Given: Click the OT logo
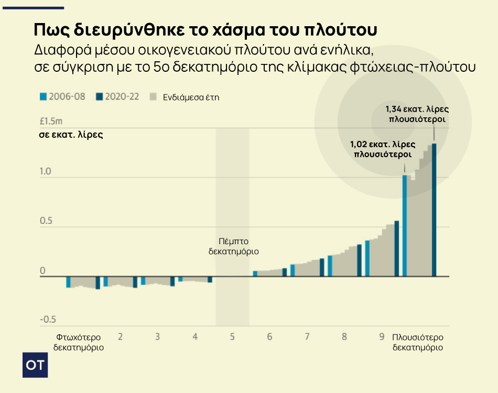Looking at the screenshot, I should pos(35,365).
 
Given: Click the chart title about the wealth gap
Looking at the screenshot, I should pos(205,29).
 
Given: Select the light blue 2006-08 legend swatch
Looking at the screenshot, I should pos(44,97).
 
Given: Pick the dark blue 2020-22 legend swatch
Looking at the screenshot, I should pos(99,97).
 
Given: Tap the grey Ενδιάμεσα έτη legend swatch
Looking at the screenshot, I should pos(154,97).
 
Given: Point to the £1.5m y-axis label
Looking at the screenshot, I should pos(51,122).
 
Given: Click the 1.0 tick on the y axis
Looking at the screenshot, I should pos(46,171).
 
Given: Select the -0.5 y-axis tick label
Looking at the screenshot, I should pos(48,320).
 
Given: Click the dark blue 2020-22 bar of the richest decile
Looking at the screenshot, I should pos(434,210).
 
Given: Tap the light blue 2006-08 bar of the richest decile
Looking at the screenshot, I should pos(405,225).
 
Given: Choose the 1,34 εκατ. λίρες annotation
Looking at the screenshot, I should pos(417,114).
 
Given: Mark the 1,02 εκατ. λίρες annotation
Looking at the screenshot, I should pos(383,149).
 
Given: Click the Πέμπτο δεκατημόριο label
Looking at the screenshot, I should pos(233,246).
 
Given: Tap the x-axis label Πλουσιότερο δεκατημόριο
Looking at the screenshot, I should pos(418,342).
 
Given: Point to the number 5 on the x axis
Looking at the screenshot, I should pos(232,336).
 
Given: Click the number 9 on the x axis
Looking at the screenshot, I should pos(382,336).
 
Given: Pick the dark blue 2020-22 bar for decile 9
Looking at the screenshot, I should pos(397,248).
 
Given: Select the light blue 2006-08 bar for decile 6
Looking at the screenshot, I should pos(255,273).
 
